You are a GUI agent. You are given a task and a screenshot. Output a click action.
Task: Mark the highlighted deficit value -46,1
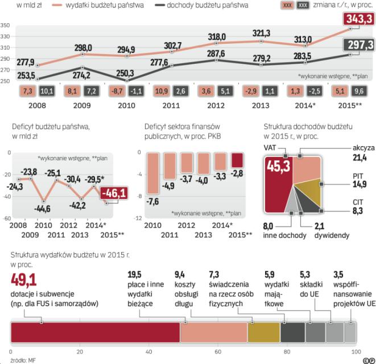(x=113, y=195)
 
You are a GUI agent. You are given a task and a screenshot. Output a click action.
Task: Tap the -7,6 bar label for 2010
(x=152, y=201)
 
